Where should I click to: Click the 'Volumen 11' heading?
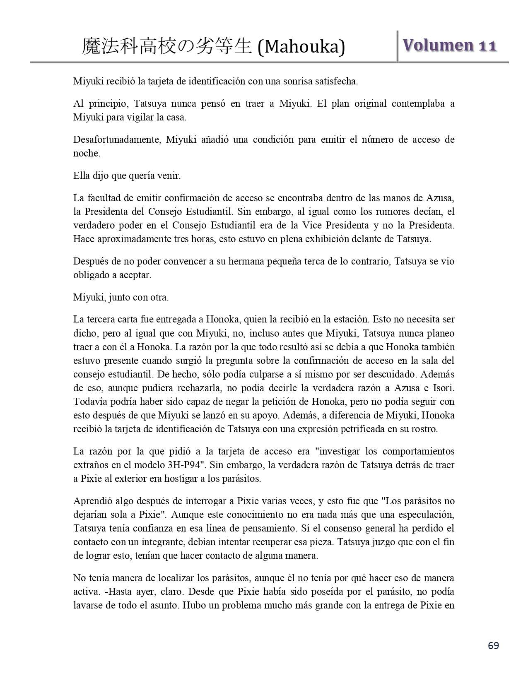449,46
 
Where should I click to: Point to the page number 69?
493,645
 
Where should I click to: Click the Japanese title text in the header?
167,47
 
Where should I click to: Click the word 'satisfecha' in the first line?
337,81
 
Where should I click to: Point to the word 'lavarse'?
87,606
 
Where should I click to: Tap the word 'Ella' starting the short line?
81,176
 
